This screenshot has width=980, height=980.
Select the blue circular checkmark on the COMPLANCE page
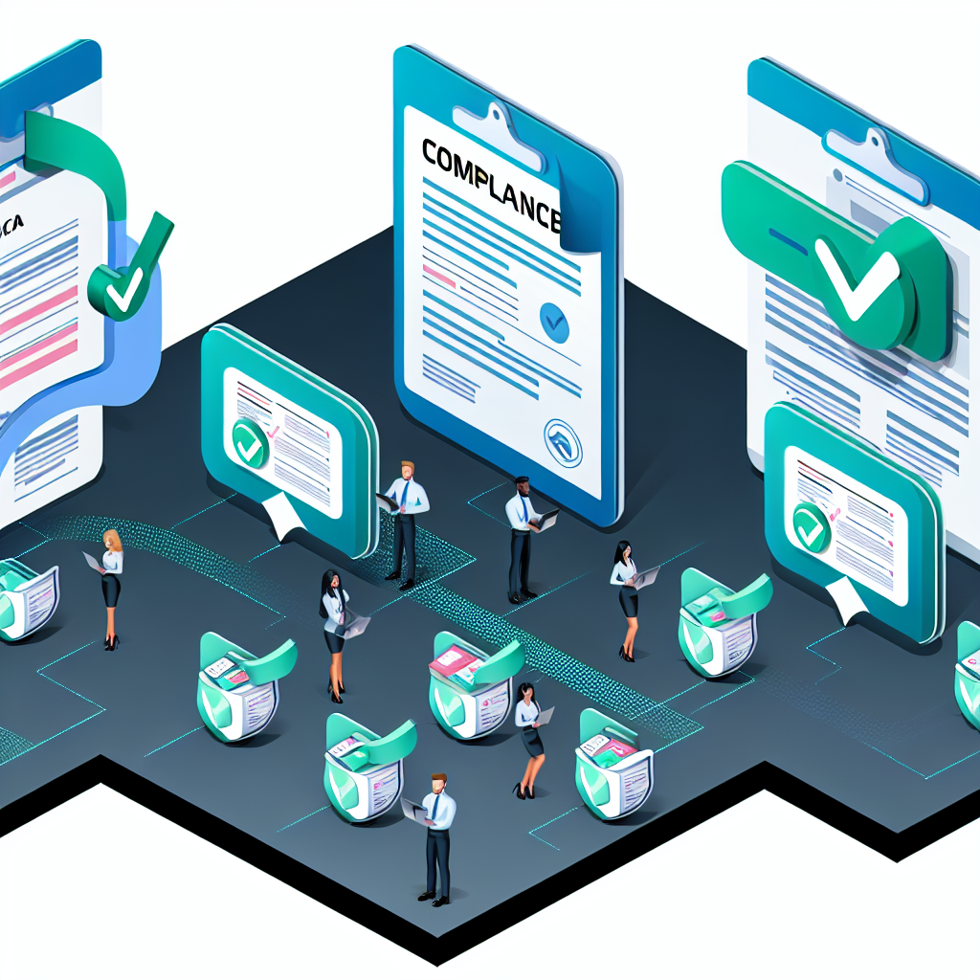pos(554,323)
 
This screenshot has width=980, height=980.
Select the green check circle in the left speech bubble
pos(251,445)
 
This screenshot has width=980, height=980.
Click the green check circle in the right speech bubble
pos(812,526)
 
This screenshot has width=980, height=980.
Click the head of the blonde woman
pos(112,540)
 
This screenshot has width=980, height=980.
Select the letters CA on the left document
pos(11,222)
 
